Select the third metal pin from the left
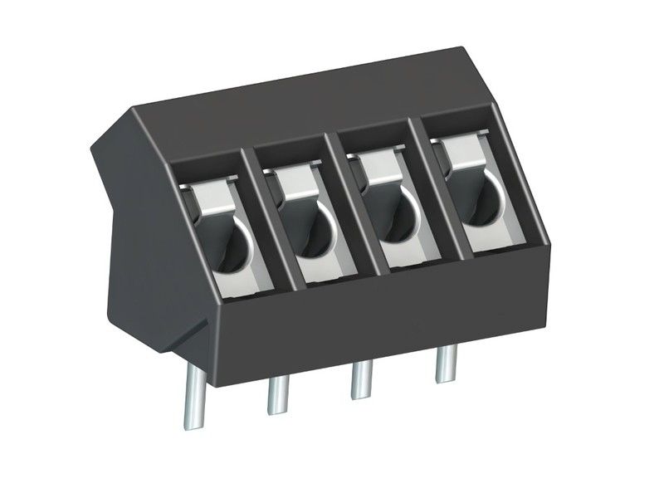[361, 381]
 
